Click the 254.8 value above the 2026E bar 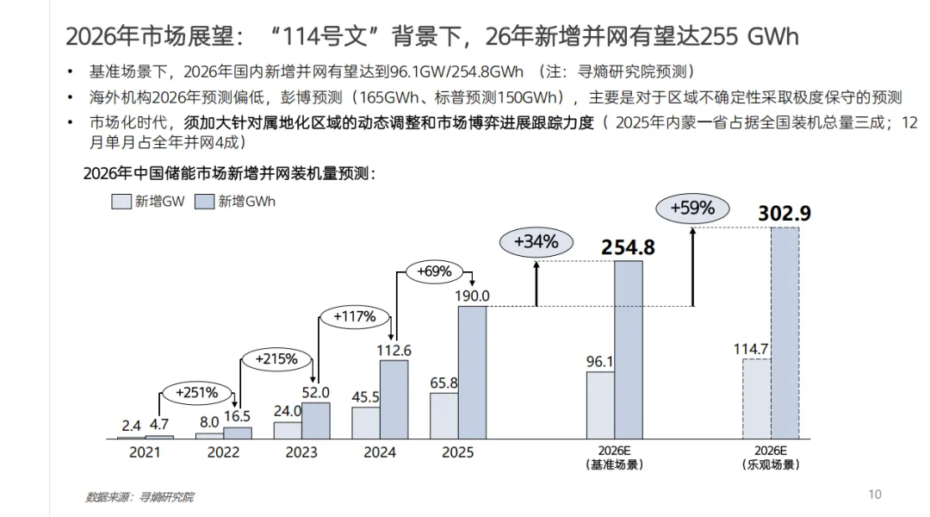click(x=628, y=247)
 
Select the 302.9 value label click(x=784, y=213)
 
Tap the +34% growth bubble click(x=536, y=242)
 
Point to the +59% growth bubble click(x=692, y=209)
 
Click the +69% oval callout click(x=434, y=271)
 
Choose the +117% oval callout click(x=355, y=317)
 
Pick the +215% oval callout click(x=276, y=359)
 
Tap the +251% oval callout click(x=197, y=393)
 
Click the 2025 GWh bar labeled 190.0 click(x=472, y=373)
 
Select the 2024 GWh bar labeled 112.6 click(x=394, y=400)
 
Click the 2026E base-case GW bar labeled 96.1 click(x=600, y=405)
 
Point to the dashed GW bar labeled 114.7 click(x=757, y=399)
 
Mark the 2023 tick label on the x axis click(x=301, y=452)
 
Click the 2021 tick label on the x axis click(x=145, y=452)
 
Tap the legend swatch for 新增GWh click(x=204, y=202)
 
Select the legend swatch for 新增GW click(x=121, y=202)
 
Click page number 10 click(x=875, y=495)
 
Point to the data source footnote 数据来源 click(x=140, y=497)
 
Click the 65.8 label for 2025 click(x=443, y=383)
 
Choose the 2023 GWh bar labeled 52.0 click(x=315, y=420)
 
